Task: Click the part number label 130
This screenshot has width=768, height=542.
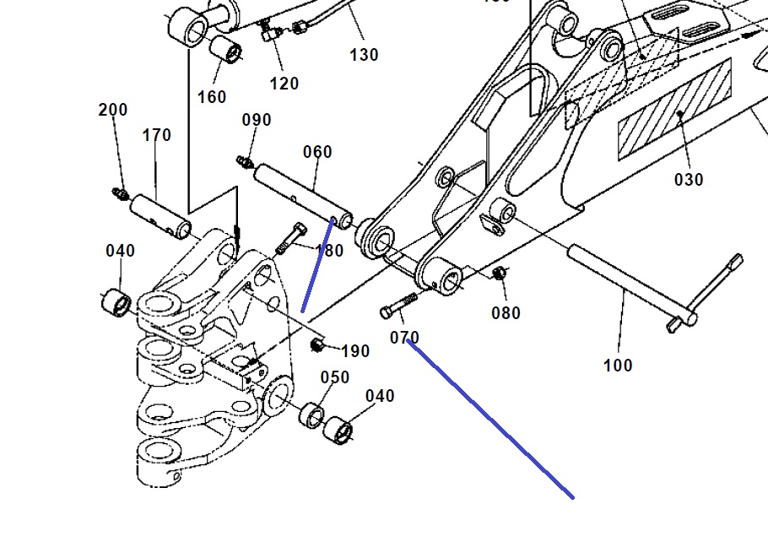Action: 364,55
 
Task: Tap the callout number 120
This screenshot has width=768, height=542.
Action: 284,84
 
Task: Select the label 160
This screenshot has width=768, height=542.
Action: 212,97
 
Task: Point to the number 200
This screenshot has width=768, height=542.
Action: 113,110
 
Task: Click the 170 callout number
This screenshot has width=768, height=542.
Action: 157,135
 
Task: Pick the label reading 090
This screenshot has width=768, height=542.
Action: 257,120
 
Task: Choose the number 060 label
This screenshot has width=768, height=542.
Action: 317,152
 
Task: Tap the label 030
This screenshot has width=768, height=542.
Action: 689,179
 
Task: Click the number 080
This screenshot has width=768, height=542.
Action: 506,313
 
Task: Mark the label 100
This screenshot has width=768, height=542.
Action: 618,366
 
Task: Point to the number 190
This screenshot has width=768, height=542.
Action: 355,351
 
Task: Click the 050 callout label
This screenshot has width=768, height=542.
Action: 334,377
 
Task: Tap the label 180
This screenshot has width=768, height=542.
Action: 329,251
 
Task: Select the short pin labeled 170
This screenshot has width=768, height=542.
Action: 161,215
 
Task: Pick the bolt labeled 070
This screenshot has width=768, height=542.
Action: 400,305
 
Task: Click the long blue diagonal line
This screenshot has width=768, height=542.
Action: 489,418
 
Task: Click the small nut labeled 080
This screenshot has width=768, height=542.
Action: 499,273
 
